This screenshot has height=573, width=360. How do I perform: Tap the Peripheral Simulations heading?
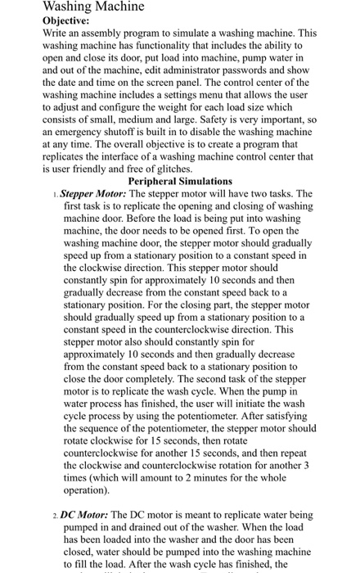coord(180,180)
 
